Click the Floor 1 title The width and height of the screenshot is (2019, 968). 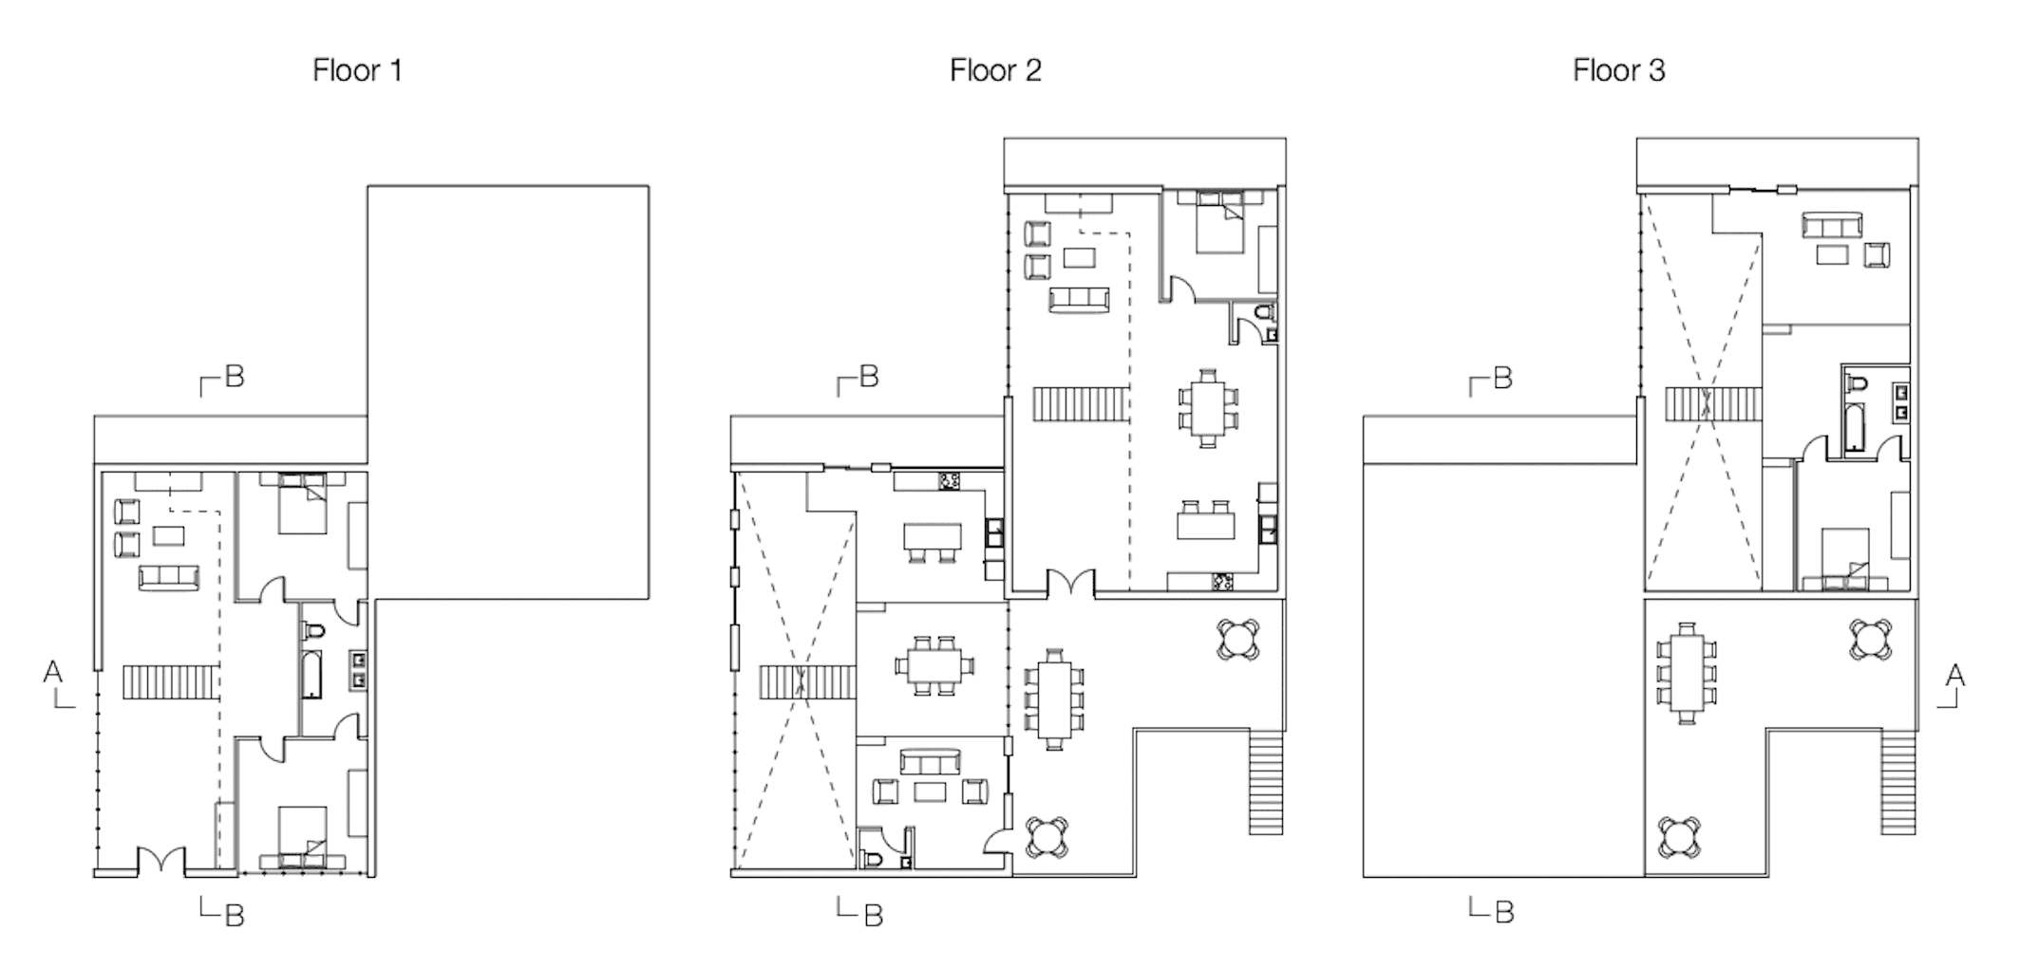click(x=357, y=70)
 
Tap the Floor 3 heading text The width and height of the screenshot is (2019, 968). click(x=1618, y=70)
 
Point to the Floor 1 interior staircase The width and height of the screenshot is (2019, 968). click(x=171, y=682)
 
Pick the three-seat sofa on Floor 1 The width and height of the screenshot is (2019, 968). click(x=169, y=576)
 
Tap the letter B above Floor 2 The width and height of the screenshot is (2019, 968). click(x=869, y=377)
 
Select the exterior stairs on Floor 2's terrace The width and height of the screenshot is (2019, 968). click(x=1265, y=781)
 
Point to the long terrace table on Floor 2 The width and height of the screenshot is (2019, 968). click(x=1054, y=699)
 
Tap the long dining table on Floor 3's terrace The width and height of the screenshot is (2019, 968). click(x=1687, y=674)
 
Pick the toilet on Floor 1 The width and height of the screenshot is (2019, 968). click(x=314, y=630)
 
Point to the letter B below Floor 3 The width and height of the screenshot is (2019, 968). click(x=1503, y=912)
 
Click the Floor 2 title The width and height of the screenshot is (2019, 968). click(x=995, y=70)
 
